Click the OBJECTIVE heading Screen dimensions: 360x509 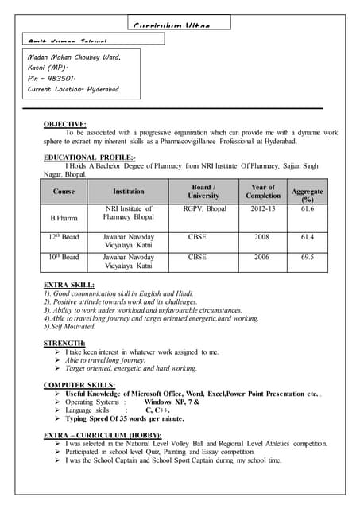click(65, 124)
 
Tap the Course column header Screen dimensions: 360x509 click(64, 192)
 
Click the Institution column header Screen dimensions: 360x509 click(129, 192)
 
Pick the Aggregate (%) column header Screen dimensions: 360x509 click(308, 196)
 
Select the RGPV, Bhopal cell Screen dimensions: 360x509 click(203, 209)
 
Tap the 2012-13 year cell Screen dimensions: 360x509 click(262, 209)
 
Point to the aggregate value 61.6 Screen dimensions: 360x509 click(308, 209)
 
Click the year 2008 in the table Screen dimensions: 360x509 click(262, 237)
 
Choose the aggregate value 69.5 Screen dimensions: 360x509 click(308, 258)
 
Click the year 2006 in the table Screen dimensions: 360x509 click(262, 258)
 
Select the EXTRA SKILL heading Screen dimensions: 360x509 click(69, 285)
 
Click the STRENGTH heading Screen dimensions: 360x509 click(64, 343)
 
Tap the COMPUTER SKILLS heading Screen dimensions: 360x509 click(79, 385)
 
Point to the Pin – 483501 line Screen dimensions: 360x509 click(51, 79)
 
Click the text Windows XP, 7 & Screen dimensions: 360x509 click(171, 402)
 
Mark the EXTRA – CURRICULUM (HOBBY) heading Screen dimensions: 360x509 click(103, 435)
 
